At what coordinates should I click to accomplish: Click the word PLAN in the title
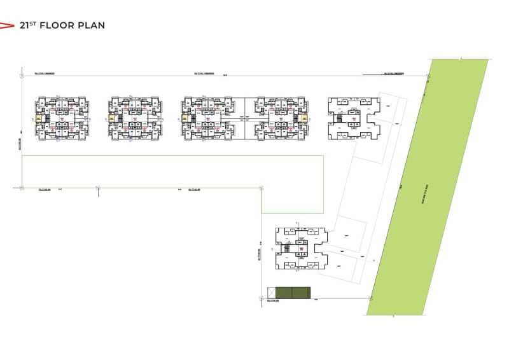click(x=92, y=25)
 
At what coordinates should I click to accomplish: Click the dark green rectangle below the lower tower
click(x=291, y=293)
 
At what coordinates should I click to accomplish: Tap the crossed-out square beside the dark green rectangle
click(x=271, y=293)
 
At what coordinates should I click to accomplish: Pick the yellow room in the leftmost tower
click(x=38, y=118)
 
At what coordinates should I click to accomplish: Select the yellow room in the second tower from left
click(x=113, y=118)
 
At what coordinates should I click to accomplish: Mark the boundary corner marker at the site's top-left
click(x=21, y=76)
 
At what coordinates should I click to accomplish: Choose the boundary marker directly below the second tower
click(x=97, y=188)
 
